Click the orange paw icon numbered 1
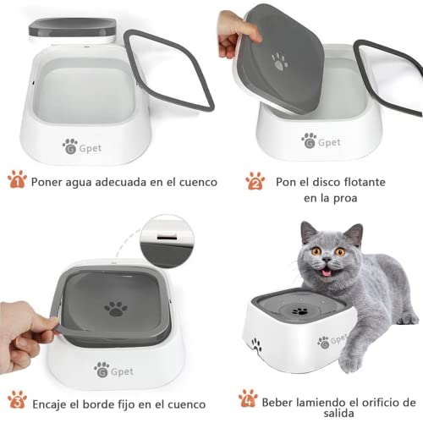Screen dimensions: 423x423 [17, 179]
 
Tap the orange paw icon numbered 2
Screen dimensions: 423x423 [255, 180]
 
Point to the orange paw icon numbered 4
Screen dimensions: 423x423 [247, 398]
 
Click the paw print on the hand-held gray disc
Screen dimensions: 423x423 [279, 61]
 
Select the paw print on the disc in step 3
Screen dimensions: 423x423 [116, 309]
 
